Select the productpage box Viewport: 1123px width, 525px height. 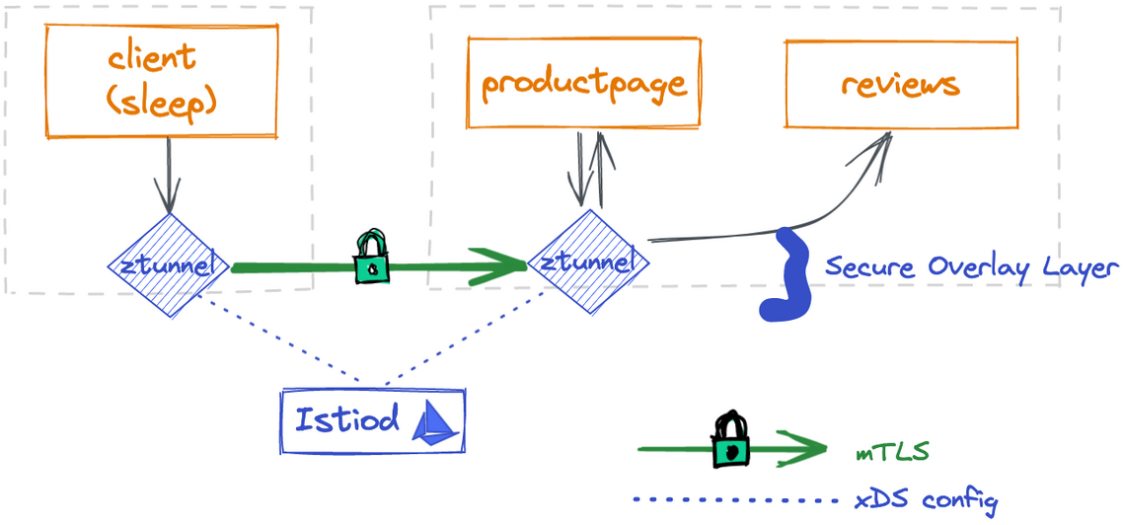tap(583, 85)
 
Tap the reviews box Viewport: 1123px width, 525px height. tap(900, 85)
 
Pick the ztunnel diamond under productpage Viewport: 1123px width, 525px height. tap(589, 263)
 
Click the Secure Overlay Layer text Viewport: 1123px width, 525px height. tap(971, 267)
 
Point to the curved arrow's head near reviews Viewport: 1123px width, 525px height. tap(877, 148)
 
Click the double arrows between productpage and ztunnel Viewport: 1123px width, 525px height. tap(590, 168)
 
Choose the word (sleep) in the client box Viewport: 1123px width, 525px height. tap(163, 102)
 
